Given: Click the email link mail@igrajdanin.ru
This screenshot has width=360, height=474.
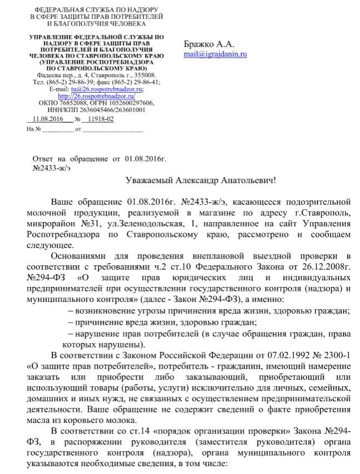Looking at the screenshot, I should point(215,54).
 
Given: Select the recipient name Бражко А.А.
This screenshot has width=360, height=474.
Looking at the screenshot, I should point(209,44).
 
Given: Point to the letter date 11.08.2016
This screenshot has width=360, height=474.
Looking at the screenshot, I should point(48,119).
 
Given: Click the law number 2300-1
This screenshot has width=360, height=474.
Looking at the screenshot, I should point(334,355).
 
